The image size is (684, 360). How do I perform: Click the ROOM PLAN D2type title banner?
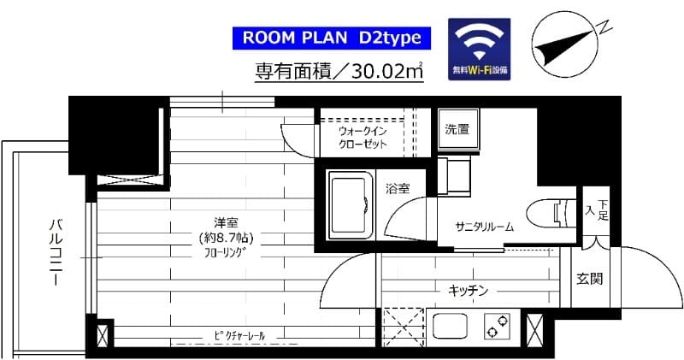(331, 38)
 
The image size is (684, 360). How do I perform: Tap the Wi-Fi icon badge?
(480, 50)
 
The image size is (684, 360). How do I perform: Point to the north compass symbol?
(563, 44)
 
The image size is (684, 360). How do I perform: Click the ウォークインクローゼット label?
(363, 138)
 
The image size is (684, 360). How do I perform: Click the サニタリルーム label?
(484, 227)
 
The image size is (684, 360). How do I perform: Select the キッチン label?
(468, 291)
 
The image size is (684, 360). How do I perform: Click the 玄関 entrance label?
(588, 279)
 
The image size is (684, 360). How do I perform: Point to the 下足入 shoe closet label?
(596, 210)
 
